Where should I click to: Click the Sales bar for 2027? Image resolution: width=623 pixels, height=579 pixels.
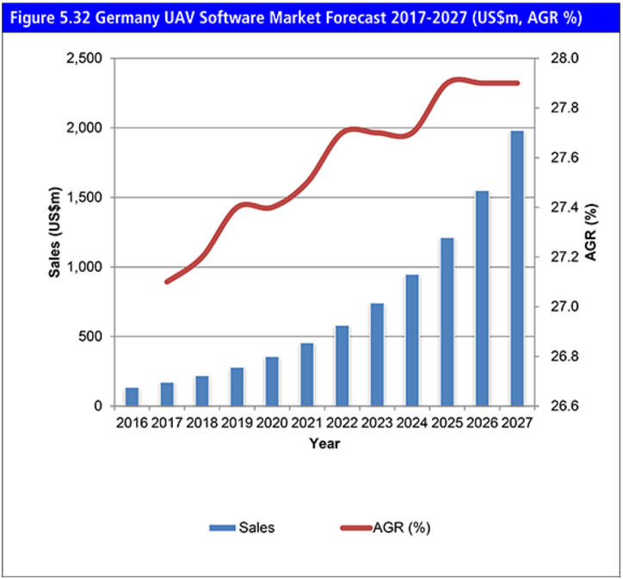point(517,268)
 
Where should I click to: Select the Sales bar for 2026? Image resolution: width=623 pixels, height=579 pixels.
point(482,299)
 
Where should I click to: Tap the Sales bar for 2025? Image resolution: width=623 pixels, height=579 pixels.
point(447,322)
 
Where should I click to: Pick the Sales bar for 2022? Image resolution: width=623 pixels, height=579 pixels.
point(342,366)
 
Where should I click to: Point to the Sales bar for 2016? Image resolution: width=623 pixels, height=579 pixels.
point(132,397)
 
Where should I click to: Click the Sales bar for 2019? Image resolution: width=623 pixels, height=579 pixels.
point(237,387)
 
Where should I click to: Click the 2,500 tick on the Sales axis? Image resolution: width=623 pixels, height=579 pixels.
point(86,59)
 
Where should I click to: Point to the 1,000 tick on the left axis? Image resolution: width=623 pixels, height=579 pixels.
point(86,267)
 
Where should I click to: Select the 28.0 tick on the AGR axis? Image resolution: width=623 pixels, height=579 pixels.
point(557,59)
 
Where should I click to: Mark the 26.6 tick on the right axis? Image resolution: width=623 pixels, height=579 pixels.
point(557,406)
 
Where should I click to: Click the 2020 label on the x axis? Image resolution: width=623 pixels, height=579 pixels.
point(272,423)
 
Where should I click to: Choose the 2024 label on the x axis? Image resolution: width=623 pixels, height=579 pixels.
point(412,423)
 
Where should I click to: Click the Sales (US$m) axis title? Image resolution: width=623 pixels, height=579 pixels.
point(53,233)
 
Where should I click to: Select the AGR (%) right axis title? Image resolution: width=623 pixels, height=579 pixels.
point(591,233)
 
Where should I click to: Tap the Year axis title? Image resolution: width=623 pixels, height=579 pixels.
point(325,444)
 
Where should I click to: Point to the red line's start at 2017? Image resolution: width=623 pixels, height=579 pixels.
point(167,281)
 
